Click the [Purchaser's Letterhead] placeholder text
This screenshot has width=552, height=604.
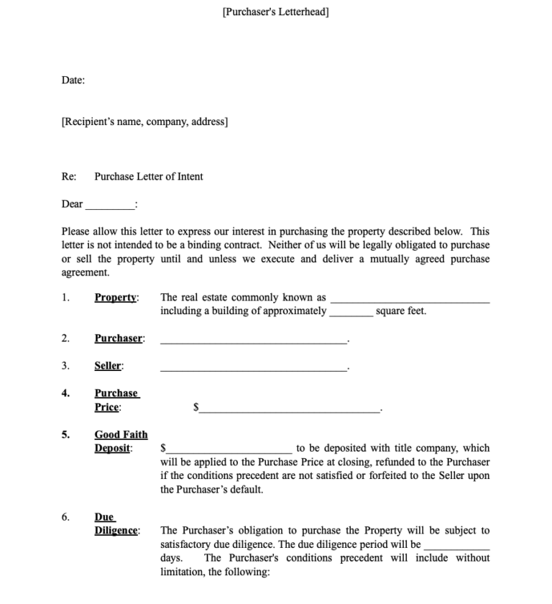click(x=276, y=12)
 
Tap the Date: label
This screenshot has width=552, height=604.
click(x=73, y=81)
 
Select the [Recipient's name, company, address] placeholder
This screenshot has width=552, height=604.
click(x=144, y=122)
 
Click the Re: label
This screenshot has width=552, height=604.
click(x=69, y=177)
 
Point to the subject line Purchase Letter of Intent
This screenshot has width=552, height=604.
click(x=149, y=177)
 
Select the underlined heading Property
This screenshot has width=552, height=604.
click(x=116, y=298)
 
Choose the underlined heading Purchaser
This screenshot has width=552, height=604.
click(x=119, y=339)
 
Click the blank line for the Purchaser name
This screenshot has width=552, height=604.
click(x=253, y=341)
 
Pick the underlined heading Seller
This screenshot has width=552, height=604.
click(x=109, y=366)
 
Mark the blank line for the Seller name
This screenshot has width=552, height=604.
click(x=253, y=368)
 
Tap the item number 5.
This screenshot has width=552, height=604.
click(x=65, y=435)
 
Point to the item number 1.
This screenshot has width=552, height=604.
click(x=65, y=298)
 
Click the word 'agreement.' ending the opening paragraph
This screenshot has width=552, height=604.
click(x=86, y=273)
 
